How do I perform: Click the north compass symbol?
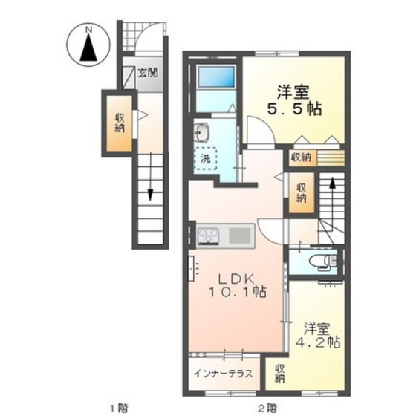88,47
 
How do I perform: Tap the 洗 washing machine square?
206,157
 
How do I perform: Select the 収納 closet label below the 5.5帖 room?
301,157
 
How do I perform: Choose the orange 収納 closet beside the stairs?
301,192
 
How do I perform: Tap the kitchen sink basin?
239,237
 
